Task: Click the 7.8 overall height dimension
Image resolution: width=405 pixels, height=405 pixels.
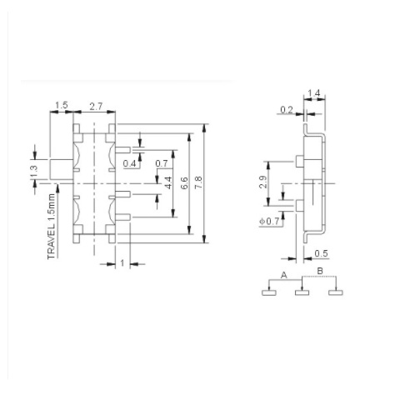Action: point(198,182)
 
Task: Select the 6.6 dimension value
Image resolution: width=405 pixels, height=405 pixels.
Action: point(184,183)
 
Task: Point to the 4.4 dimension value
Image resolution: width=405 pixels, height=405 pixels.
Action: point(168,182)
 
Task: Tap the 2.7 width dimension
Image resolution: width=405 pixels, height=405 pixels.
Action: point(96,106)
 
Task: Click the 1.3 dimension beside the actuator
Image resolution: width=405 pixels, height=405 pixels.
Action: point(33,172)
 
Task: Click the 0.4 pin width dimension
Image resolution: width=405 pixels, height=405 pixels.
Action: point(129,163)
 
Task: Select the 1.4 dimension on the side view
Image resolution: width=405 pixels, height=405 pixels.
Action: point(314,93)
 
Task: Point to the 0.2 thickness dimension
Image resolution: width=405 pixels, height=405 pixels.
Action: point(287,110)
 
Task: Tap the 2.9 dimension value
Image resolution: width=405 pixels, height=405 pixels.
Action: point(263,182)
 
